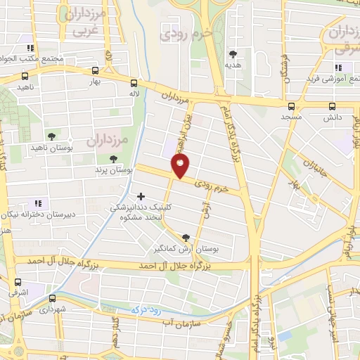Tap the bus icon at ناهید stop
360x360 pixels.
click(x=25, y=77)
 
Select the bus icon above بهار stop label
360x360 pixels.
click(x=95, y=70)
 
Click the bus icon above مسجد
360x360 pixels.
click(x=290, y=106)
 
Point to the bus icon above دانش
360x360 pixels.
click(x=333, y=106)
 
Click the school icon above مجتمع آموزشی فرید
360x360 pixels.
click(x=337, y=67)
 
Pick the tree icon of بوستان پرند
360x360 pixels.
click(x=113, y=159)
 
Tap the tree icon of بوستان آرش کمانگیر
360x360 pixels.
click(x=186, y=238)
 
